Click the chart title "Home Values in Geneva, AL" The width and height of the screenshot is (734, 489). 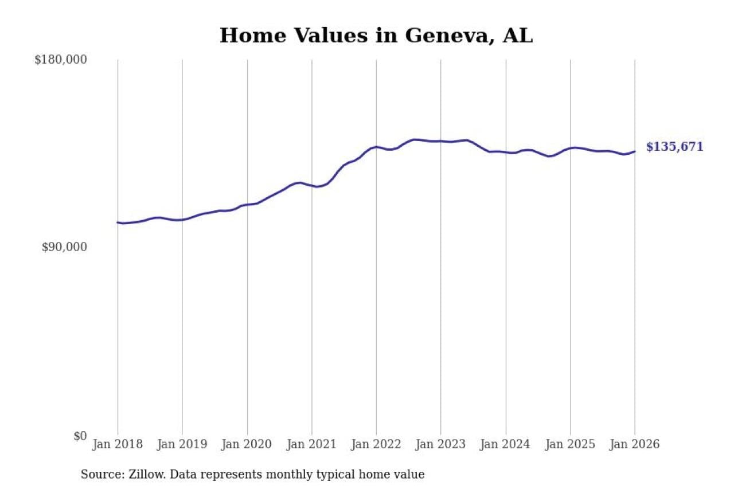coord(376,36)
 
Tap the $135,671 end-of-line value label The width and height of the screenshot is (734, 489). coord(674,147)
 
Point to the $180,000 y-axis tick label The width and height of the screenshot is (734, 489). coord(61,60)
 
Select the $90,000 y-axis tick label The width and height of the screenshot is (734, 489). coord(64,247)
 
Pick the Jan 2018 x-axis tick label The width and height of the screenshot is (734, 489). coord(118,445)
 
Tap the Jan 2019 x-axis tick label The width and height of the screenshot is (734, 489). coord(182,445)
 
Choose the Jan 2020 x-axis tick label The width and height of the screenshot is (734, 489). coord(247,445)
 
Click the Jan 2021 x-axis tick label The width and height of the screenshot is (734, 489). coord(312,445)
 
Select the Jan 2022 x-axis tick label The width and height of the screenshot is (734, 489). coord(376,445)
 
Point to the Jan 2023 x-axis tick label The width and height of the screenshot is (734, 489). coord(441,445)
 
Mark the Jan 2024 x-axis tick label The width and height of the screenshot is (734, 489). coord(506,445)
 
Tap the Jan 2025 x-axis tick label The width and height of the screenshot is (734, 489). coord(570,445)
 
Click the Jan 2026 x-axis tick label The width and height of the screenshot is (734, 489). coord(635,445)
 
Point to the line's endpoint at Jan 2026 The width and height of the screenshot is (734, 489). coord(635,151)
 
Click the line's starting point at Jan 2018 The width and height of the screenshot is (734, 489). coord(118,222)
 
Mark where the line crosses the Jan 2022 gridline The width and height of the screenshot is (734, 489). coord(376,147)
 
